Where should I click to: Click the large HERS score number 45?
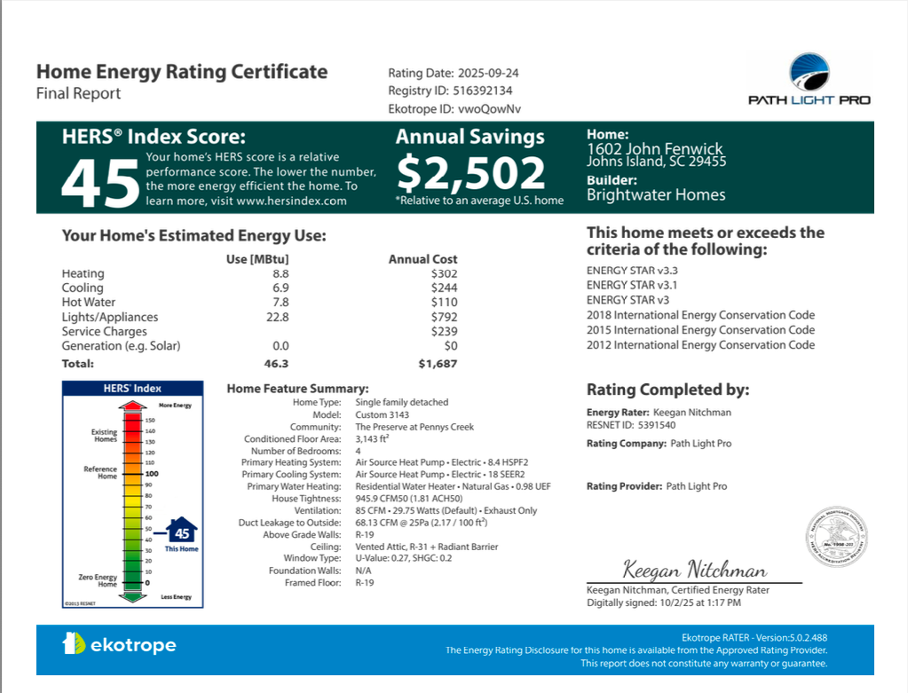point(99,184)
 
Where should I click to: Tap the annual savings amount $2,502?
point(470,173)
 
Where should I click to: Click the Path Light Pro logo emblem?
point(809,72)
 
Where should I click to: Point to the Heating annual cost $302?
point(444,274)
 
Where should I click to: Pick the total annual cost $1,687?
point(438,364)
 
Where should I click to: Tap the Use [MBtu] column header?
point(258,259)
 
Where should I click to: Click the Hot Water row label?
point(88,303)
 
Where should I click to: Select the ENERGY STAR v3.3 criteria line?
point(632,271)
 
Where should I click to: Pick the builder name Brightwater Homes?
point(656,195)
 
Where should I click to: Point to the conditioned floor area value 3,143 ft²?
point(374,438)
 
